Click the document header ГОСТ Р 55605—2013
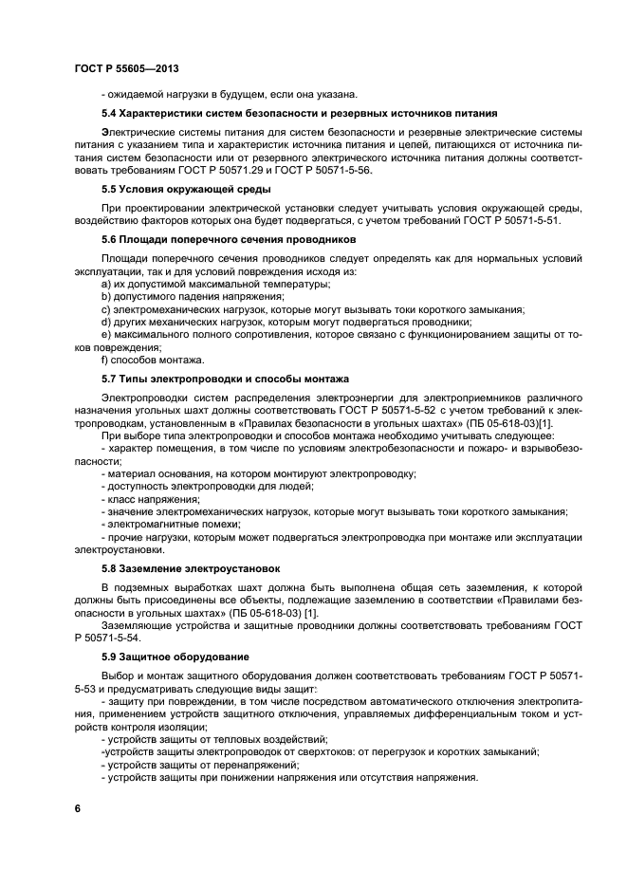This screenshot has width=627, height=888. coord(125,69)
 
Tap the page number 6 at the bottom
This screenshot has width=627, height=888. coord(77,807)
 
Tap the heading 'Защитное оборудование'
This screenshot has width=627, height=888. coord(185,657)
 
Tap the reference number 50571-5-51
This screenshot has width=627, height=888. coord(526,220)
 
